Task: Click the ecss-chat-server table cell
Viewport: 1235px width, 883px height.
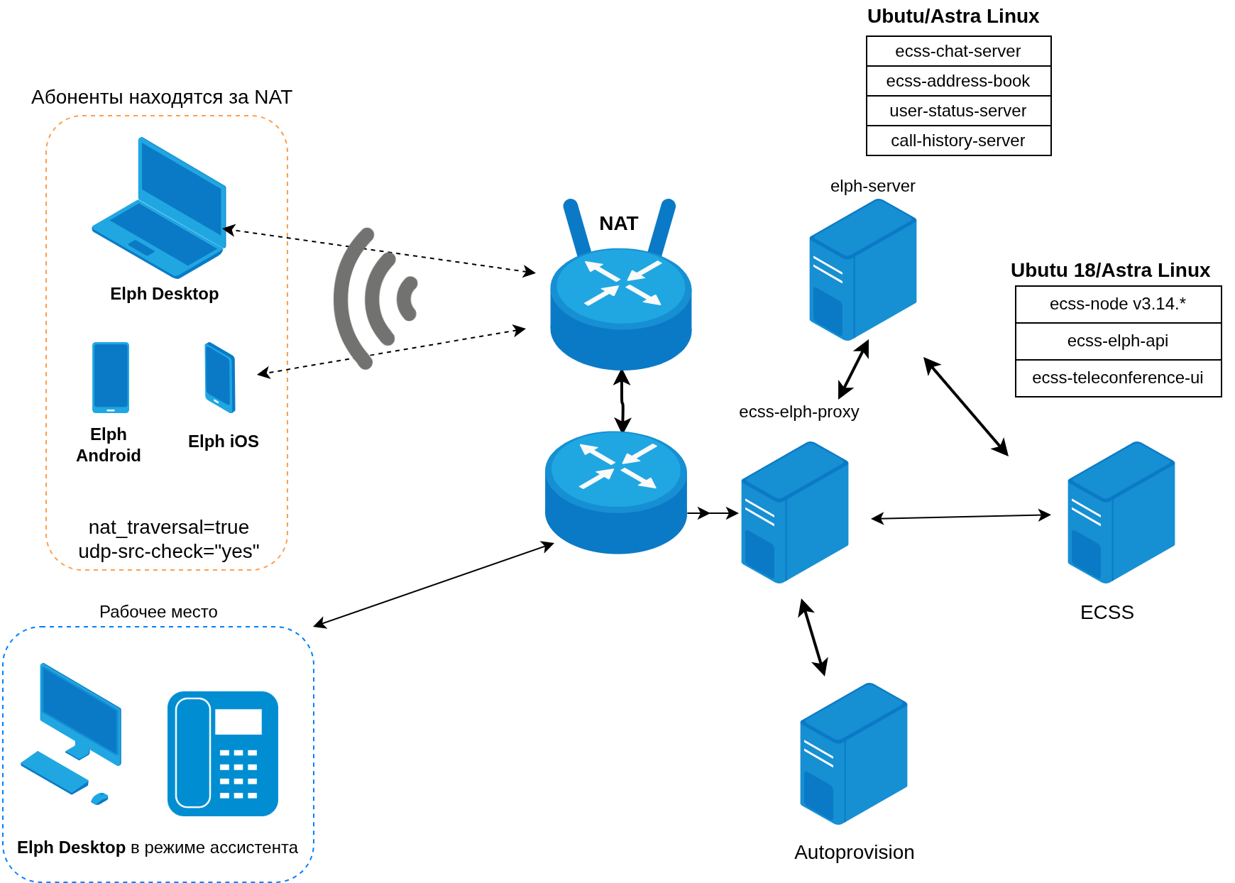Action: tap(958, 51)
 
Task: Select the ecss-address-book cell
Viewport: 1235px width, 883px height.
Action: tap(958, 81)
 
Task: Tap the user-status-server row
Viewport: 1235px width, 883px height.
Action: tap(958, 111)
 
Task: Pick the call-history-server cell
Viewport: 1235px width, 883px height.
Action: tap(958, 141)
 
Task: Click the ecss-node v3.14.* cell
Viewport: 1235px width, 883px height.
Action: tap(1118, 305)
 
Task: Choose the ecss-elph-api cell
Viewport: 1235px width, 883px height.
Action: tap(1118, 341)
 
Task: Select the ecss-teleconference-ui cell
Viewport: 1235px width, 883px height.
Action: tap(1118, 378)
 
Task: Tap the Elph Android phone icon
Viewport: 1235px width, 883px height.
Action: tap(111, 378)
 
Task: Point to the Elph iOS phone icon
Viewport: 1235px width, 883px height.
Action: tap(220, 378)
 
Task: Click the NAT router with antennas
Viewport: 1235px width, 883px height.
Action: tap(620, 298)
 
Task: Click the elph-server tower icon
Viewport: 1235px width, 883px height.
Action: tap(863, 270)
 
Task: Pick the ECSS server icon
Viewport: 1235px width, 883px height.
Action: tap(1121, 512)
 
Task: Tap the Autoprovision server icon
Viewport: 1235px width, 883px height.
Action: tap(854, 754)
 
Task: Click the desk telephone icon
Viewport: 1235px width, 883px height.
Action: tap(223, 754)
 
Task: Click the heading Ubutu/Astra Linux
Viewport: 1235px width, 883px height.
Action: tap(953, 16)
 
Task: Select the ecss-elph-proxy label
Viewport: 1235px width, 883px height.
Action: tap(799, 412)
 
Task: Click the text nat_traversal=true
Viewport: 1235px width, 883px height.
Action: tap(169, 527)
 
